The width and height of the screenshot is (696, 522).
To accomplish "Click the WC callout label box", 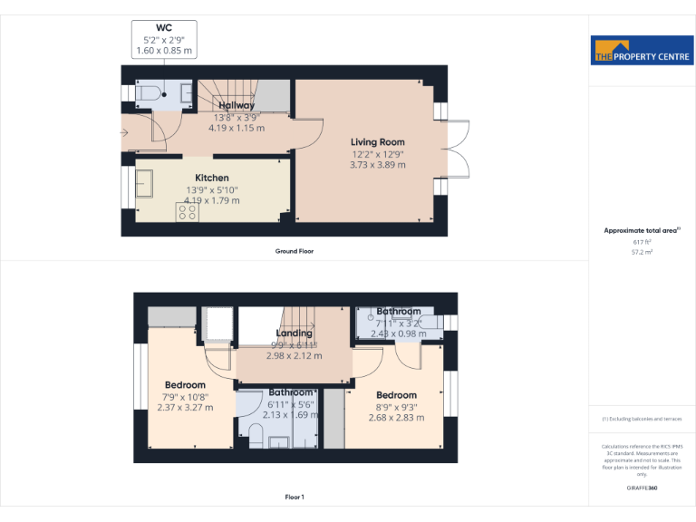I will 164,40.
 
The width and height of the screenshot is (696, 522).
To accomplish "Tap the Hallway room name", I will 237,106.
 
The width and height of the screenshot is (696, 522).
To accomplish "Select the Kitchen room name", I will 212,178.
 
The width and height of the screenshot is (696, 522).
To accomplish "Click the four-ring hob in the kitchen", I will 188,211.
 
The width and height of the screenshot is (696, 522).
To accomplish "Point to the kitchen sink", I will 144,184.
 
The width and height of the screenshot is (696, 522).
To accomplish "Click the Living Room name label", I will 378,142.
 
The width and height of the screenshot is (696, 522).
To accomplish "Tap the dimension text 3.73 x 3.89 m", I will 378,165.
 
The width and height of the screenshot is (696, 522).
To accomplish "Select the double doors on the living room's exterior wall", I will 456,149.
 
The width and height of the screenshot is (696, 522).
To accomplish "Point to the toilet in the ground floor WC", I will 150,92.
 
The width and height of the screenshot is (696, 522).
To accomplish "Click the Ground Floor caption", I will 295,251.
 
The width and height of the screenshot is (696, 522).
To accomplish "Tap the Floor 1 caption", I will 295,498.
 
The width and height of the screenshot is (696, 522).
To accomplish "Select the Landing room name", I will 294,333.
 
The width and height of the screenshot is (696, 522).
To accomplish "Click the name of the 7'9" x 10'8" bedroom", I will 185,385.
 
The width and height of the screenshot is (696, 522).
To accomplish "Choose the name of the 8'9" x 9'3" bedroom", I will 397,395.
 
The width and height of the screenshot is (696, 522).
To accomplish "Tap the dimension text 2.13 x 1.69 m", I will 291,415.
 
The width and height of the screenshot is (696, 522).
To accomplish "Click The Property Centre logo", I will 642,51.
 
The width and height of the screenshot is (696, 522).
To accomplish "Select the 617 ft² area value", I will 642,243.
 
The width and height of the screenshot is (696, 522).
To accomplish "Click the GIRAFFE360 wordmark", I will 642,488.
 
